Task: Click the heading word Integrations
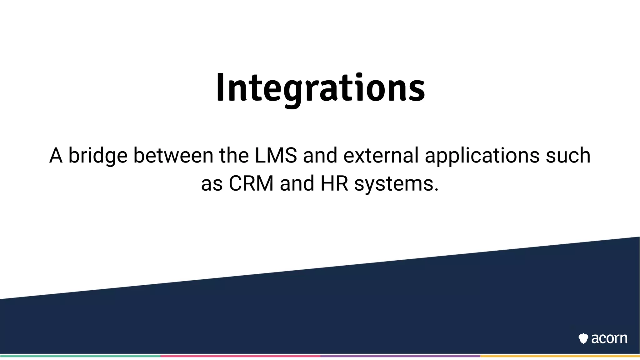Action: click(320, 88)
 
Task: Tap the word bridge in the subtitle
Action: click(98, 156)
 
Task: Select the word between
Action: click(173, 156)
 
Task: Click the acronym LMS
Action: click(276, 156)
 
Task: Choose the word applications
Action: click(482, 156)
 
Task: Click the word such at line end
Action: click(568, 156)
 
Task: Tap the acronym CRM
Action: click(251, 183)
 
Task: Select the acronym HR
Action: click(334, 183)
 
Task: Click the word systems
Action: click(394, 183)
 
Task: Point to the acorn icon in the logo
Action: click(583, 338)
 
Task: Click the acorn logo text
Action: click(609, 338)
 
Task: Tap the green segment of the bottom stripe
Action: click(80, 356)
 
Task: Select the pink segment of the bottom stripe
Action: click(240, 356)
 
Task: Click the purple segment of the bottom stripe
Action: click(400, 356)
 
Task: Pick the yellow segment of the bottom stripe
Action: click(560, 356)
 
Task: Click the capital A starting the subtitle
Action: click(56, 156)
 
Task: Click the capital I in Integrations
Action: click(220, 88)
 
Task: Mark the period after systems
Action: click(437, 190)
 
